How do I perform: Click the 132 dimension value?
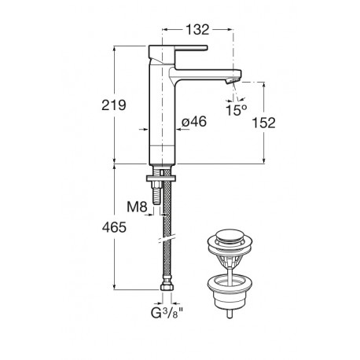pyautogui.click(x=197, y=30)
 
